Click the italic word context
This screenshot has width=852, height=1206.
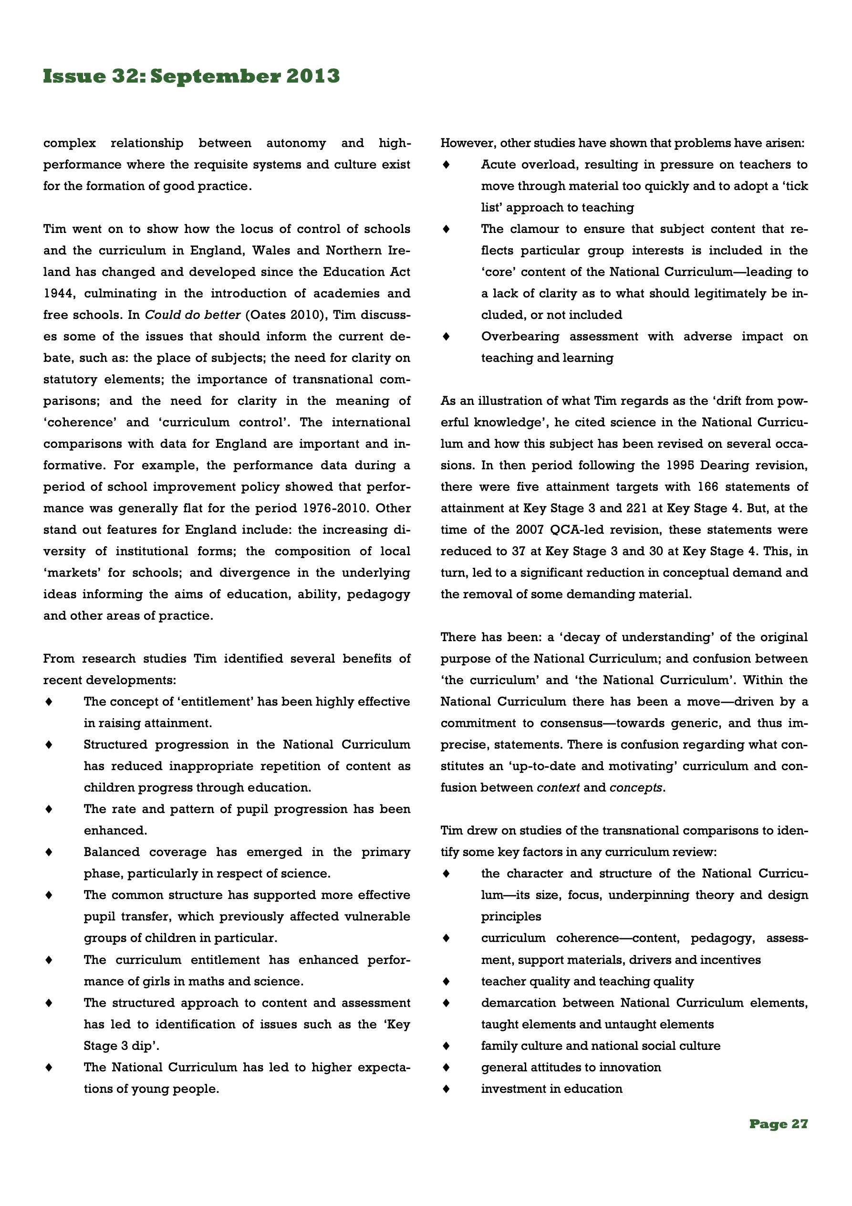pos(558,787)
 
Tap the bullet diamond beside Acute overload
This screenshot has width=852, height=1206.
pos(446,164)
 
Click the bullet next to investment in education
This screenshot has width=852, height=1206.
pos(446,1089)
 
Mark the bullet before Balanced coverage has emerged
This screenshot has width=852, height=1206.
pos(49,851)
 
